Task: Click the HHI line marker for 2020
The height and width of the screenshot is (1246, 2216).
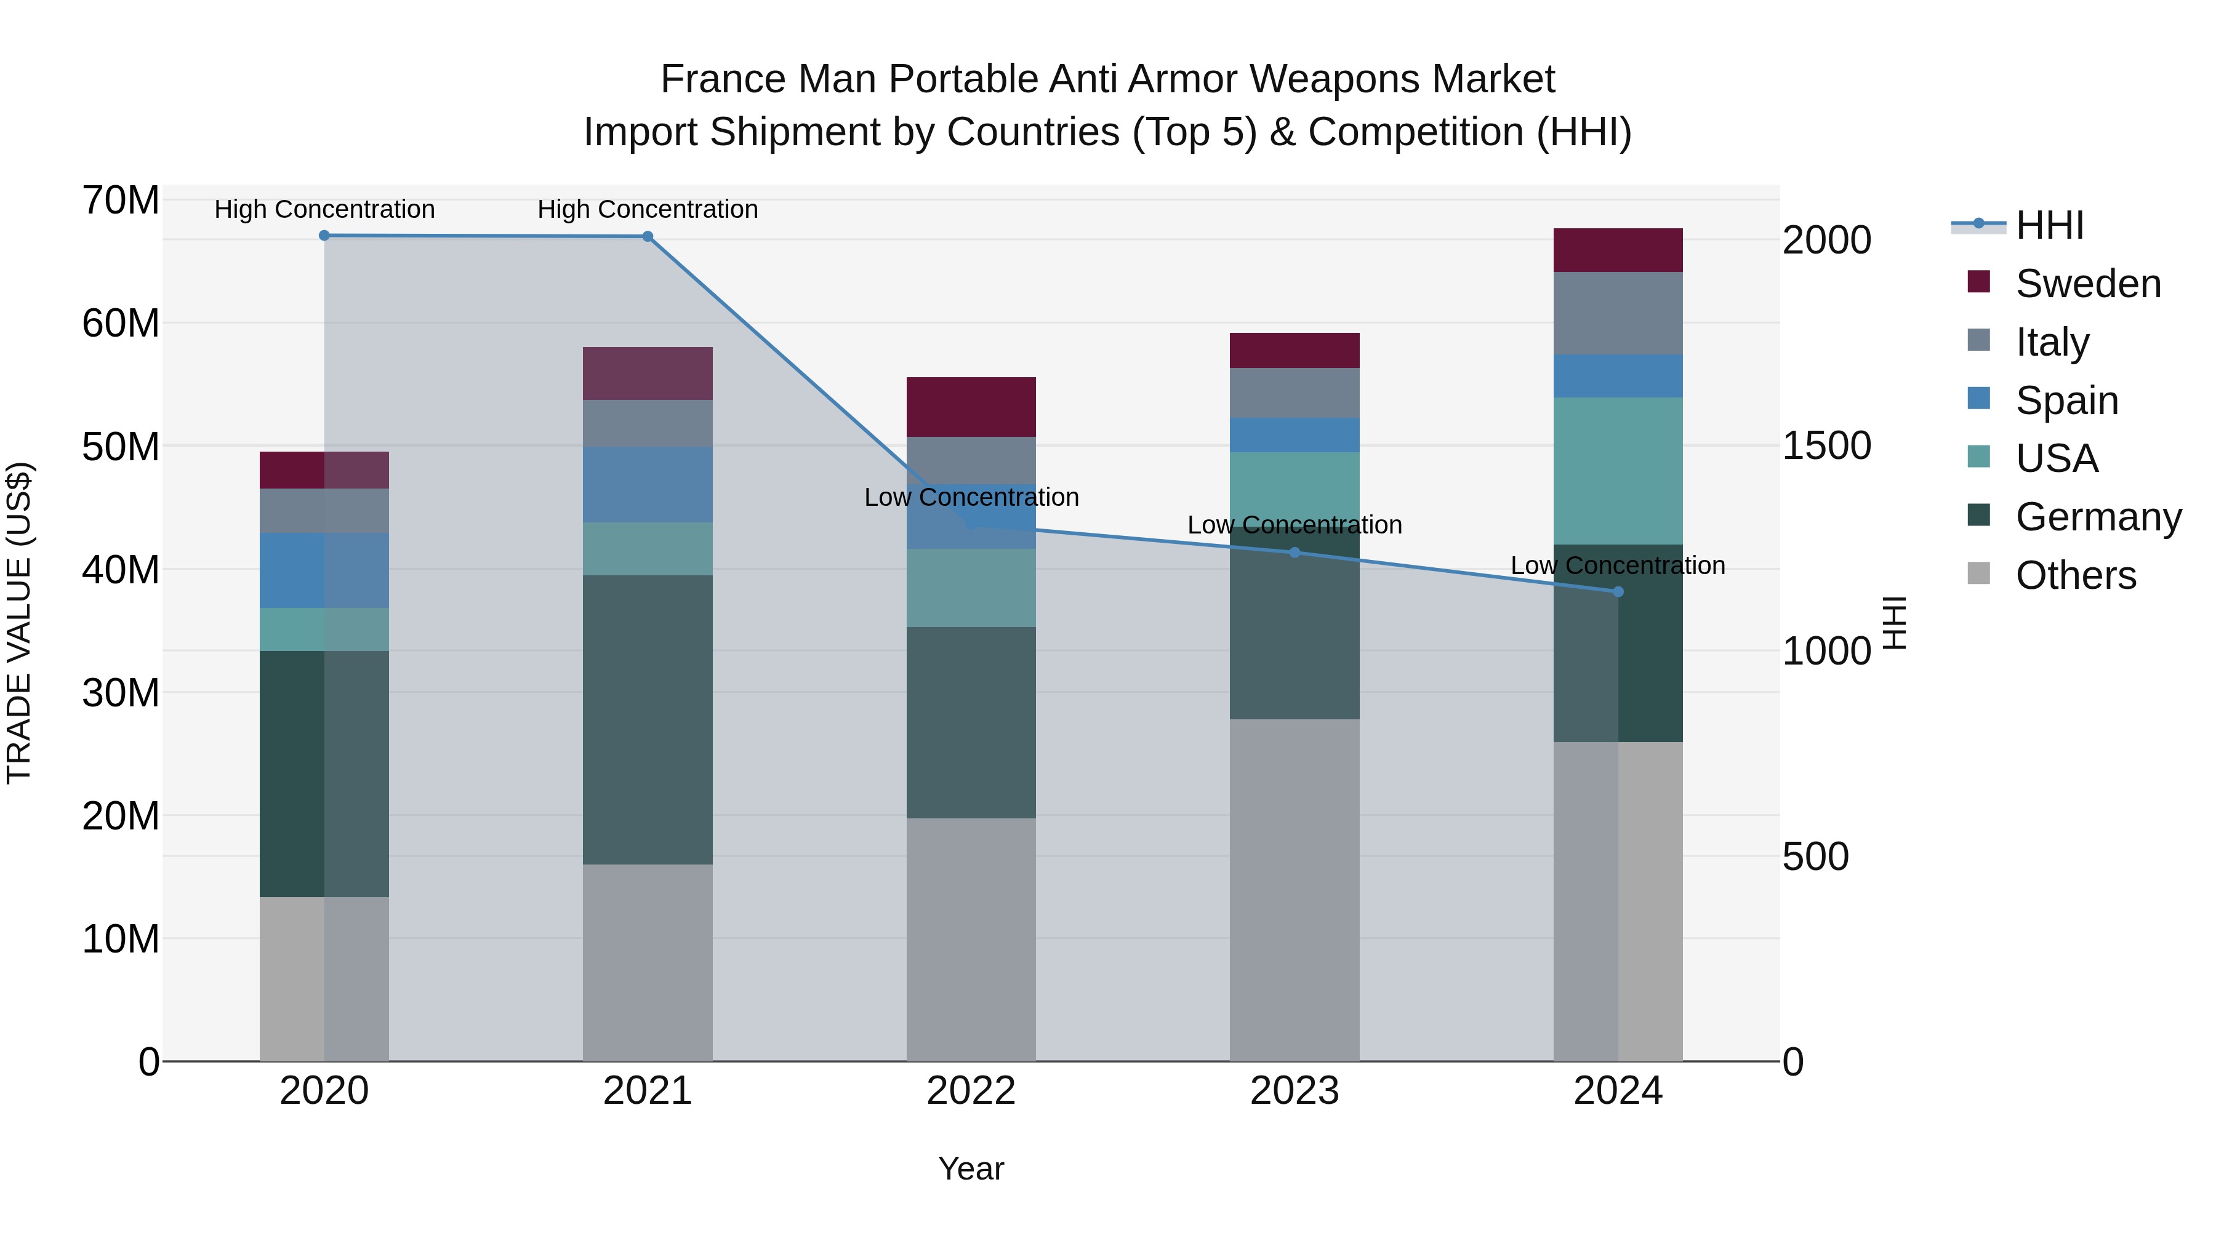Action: click(x=324, y=236)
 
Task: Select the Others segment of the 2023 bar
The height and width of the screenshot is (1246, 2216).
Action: click(x=1294, y=889)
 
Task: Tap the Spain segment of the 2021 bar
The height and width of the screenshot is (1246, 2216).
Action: click(x=647, y=484)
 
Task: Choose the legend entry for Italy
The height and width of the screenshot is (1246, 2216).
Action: click(x=2052, y=342)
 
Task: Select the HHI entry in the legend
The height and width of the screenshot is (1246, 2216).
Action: click(x=2049, y=225)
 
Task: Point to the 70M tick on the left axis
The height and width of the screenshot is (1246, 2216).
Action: click(x=121, y=201)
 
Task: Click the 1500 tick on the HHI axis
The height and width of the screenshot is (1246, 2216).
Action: click(x=1826, y=445)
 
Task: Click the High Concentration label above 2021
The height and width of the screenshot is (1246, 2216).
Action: click(x=647, y=209)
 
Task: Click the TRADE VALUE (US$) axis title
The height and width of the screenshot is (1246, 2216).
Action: click(x=19, y=623)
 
